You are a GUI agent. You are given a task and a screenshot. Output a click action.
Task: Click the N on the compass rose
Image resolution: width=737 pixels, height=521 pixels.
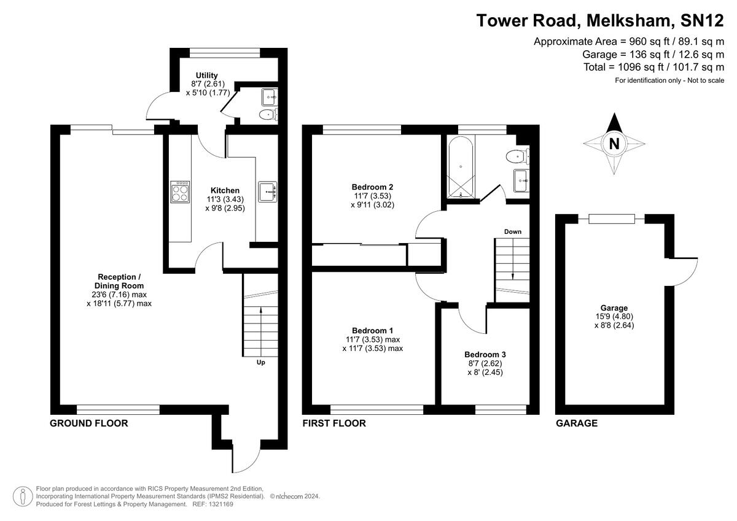613,144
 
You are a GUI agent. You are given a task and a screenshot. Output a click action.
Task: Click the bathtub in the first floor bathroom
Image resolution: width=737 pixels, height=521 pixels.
461,168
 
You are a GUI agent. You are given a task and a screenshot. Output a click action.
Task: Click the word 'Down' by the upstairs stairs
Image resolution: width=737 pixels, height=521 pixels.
513,231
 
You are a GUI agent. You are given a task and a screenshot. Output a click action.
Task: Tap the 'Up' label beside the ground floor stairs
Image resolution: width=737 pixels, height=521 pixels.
261,362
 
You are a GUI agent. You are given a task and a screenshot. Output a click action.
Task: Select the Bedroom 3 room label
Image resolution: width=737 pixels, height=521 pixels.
485,354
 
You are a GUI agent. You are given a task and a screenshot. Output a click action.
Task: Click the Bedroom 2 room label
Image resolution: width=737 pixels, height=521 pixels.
372,187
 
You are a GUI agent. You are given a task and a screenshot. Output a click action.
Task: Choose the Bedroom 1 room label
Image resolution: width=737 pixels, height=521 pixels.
372,330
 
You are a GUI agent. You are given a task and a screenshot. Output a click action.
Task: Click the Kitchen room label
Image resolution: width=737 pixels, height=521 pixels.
225,190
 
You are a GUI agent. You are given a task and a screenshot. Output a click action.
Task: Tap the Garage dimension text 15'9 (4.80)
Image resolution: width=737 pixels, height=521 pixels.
614,317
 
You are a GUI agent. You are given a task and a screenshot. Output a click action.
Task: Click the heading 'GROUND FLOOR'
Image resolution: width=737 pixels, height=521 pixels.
88,423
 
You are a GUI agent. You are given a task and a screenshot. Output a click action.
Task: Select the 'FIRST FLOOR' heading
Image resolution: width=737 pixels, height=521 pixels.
334,423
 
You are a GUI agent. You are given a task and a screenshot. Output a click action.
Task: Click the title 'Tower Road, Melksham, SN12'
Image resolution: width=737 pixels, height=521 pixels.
601,20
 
